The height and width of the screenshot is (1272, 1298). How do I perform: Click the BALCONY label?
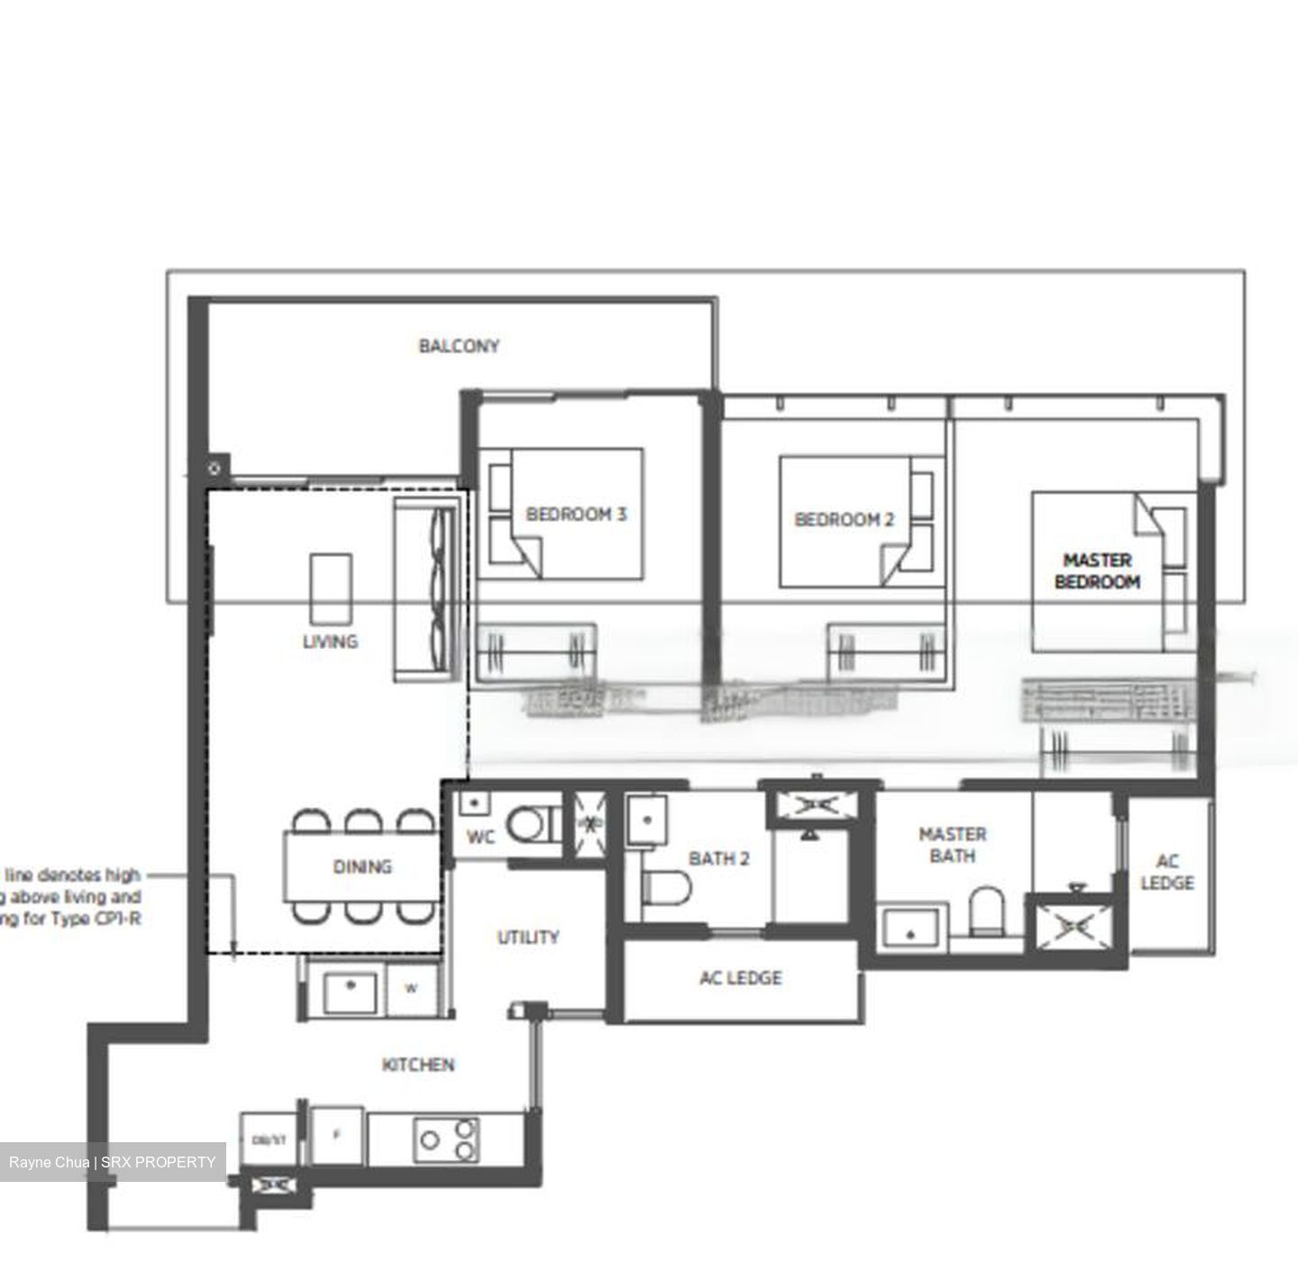(459, 346)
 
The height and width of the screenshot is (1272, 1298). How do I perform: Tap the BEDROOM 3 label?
(576, 515)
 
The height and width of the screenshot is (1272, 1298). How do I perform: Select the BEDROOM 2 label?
(844, 519)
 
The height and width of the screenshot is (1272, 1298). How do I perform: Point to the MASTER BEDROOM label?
(1097, 572)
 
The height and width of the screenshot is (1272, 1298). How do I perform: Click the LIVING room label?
(330, 641)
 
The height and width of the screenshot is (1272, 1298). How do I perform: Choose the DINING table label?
(362, 866)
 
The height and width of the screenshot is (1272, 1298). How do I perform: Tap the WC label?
(480, 837)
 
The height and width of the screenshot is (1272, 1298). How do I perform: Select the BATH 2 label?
(718, 858)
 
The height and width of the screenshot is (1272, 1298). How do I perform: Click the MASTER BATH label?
(952, 846)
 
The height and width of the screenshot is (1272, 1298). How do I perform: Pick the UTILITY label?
(528, 938)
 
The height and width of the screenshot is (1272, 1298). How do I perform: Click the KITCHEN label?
(418, 1065)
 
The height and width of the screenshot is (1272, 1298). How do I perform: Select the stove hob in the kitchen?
(447, 1139)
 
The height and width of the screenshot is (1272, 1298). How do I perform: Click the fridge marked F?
(336, 1135)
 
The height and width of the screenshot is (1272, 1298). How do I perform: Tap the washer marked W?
(411, 989)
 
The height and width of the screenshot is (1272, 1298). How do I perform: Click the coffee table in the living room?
(331, 589)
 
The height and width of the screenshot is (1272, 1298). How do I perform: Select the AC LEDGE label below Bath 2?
(740, 978)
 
